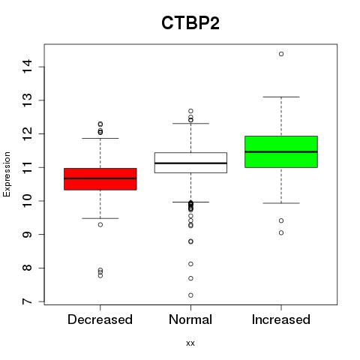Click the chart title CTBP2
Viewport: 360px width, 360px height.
tap(190, 23)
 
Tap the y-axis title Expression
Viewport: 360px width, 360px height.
tap(7, 174)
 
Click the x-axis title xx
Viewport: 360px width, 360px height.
tap(190, 343)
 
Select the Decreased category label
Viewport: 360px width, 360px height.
tap(100, 319)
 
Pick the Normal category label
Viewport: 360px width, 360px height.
tap(190, 319)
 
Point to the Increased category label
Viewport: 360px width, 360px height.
tap(281, 319)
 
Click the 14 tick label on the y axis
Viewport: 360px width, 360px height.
tap(28, 67)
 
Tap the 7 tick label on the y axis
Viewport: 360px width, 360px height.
tap(28, 301)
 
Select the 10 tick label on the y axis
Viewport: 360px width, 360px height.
tap(28, 201)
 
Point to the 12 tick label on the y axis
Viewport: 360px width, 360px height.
tap(28, 133)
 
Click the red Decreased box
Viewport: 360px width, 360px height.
tap(100, 179)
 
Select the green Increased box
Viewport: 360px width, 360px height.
tap(281, 151)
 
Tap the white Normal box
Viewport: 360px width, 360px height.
tap(190, 163)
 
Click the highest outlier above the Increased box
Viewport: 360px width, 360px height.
tap(281, 54)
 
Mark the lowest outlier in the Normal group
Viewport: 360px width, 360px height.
tap(190, 295)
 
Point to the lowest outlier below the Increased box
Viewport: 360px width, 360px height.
tap(281, 232)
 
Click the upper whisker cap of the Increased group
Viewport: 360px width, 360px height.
tap(281, 97)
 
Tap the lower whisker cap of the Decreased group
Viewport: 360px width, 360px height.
tap(100, 218)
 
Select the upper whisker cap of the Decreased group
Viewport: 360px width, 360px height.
tap(100, 138)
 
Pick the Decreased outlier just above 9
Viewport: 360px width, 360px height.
tap(100, 225)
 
